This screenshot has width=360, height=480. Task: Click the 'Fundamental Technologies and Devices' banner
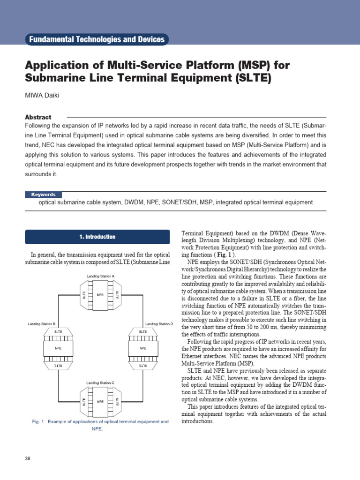(97, 39)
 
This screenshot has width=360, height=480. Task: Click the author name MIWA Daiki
(43, 96)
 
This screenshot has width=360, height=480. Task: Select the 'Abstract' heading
(38, 117)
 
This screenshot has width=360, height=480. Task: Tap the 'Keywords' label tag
(43, 195)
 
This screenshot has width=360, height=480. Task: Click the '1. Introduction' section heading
(97, 237)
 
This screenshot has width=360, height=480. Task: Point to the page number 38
(27, 458)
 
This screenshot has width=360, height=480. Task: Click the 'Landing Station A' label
(100, 276)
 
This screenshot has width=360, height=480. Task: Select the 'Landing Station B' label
(42, 324)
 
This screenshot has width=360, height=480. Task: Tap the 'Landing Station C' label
(100, 383)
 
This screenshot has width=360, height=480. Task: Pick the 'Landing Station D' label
(159, 324)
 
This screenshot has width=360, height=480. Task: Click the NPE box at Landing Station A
(100, 295)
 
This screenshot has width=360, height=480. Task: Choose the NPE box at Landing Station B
(58, 349)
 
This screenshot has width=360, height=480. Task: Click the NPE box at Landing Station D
(143, 349)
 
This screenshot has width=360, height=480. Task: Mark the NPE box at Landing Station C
(100, 402)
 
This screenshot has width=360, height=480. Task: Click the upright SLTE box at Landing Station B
(58, 331)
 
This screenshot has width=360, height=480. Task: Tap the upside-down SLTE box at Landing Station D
(143, 365)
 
